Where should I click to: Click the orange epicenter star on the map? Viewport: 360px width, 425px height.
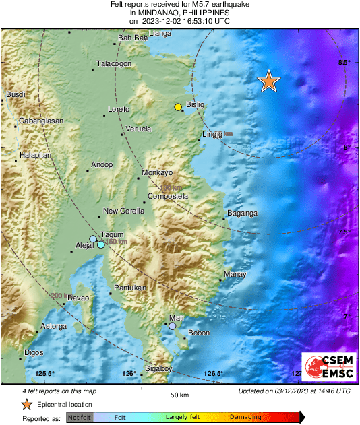269,81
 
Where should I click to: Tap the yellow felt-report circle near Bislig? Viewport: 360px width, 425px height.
178,107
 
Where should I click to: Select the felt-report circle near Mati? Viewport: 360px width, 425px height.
173,326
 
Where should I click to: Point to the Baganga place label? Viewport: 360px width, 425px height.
243,214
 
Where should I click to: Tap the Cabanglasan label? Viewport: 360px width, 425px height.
41,121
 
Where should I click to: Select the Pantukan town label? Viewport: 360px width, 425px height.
130,288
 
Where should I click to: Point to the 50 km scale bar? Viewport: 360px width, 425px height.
179,389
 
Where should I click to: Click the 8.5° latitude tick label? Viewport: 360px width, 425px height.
344,63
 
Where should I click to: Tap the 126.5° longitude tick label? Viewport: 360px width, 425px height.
214,374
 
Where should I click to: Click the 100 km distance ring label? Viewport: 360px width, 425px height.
165,188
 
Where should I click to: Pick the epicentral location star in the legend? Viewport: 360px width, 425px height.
26,405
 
